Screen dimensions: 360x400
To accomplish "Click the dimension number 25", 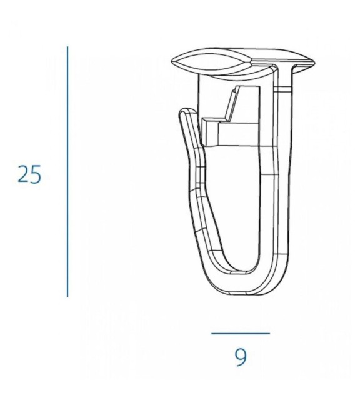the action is pos(29,174).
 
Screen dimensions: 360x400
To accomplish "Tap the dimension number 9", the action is pos(241,357).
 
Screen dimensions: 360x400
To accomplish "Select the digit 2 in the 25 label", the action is pos(23,174).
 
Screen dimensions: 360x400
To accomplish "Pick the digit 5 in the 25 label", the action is pos(36,174).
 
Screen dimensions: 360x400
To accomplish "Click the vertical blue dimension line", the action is pos(67,172).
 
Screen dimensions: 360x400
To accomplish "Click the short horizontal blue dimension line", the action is pos(241,333).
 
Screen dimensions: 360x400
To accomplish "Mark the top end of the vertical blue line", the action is pos(67,47).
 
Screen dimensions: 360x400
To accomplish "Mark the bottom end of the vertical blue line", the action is pos(67,297).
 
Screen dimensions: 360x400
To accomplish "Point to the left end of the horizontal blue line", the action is pos(211,333).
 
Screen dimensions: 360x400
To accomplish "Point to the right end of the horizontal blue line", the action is pos(269,333).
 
